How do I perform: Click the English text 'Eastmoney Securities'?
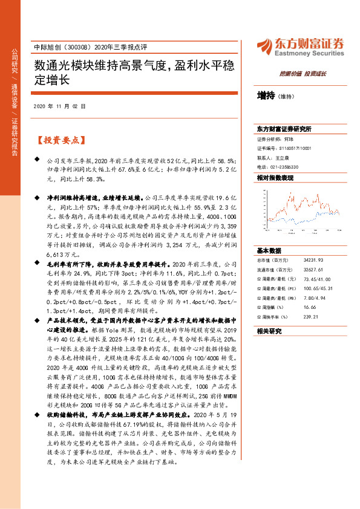coord(310,53)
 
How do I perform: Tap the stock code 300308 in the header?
coord(73,47)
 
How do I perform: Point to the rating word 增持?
coord(266,96)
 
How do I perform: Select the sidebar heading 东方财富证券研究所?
coord(284,129)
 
